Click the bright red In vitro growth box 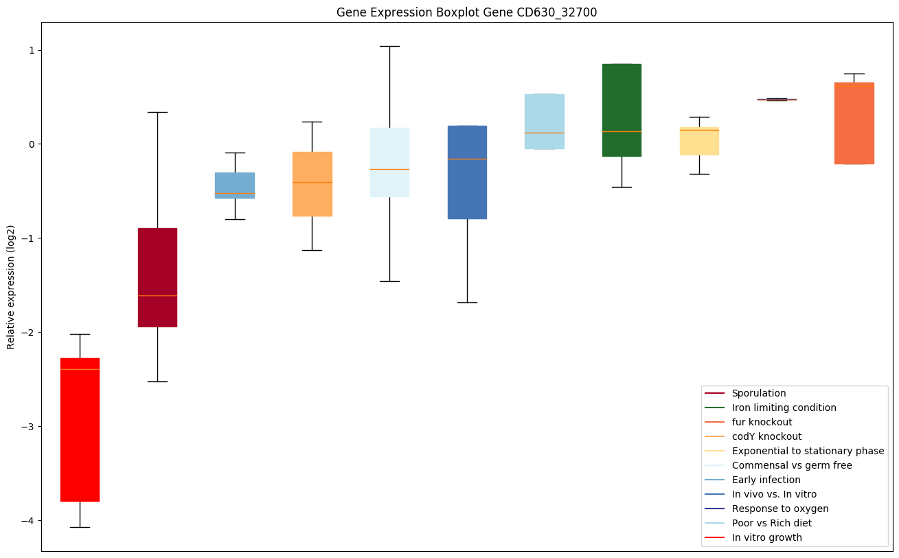80,429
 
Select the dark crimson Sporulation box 157,277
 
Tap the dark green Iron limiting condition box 622,110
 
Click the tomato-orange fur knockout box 854,124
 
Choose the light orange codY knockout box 312,184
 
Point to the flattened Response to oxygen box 777,100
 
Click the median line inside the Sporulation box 157,295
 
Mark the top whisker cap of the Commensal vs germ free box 389,46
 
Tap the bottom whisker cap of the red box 80,527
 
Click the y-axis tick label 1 32,50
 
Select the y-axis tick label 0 32,144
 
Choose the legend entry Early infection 766,480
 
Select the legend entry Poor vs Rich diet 771,523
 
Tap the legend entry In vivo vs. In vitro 774,494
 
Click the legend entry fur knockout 762,422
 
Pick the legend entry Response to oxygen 779,509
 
